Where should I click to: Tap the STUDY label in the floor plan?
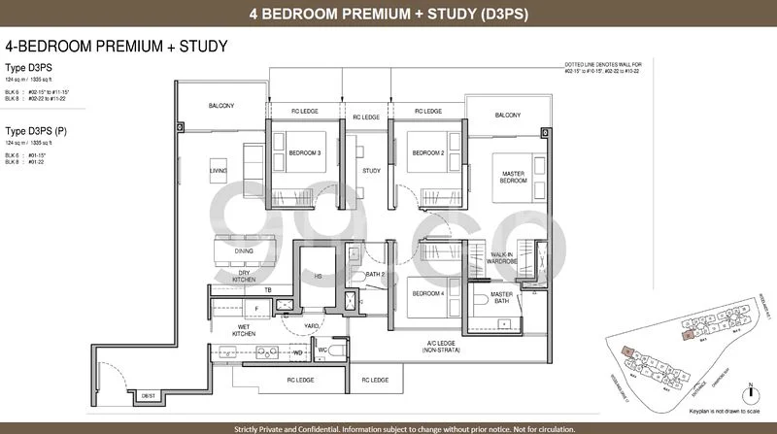click(x=370, y=171)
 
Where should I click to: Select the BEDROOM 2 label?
click(x=427, y=152)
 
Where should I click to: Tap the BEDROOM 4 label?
click(x=427, y=292)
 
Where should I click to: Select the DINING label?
click(x=244, y=250)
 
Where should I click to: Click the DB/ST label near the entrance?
click(x=148, y=395)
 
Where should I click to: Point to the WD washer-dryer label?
click(x=298, y=351)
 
